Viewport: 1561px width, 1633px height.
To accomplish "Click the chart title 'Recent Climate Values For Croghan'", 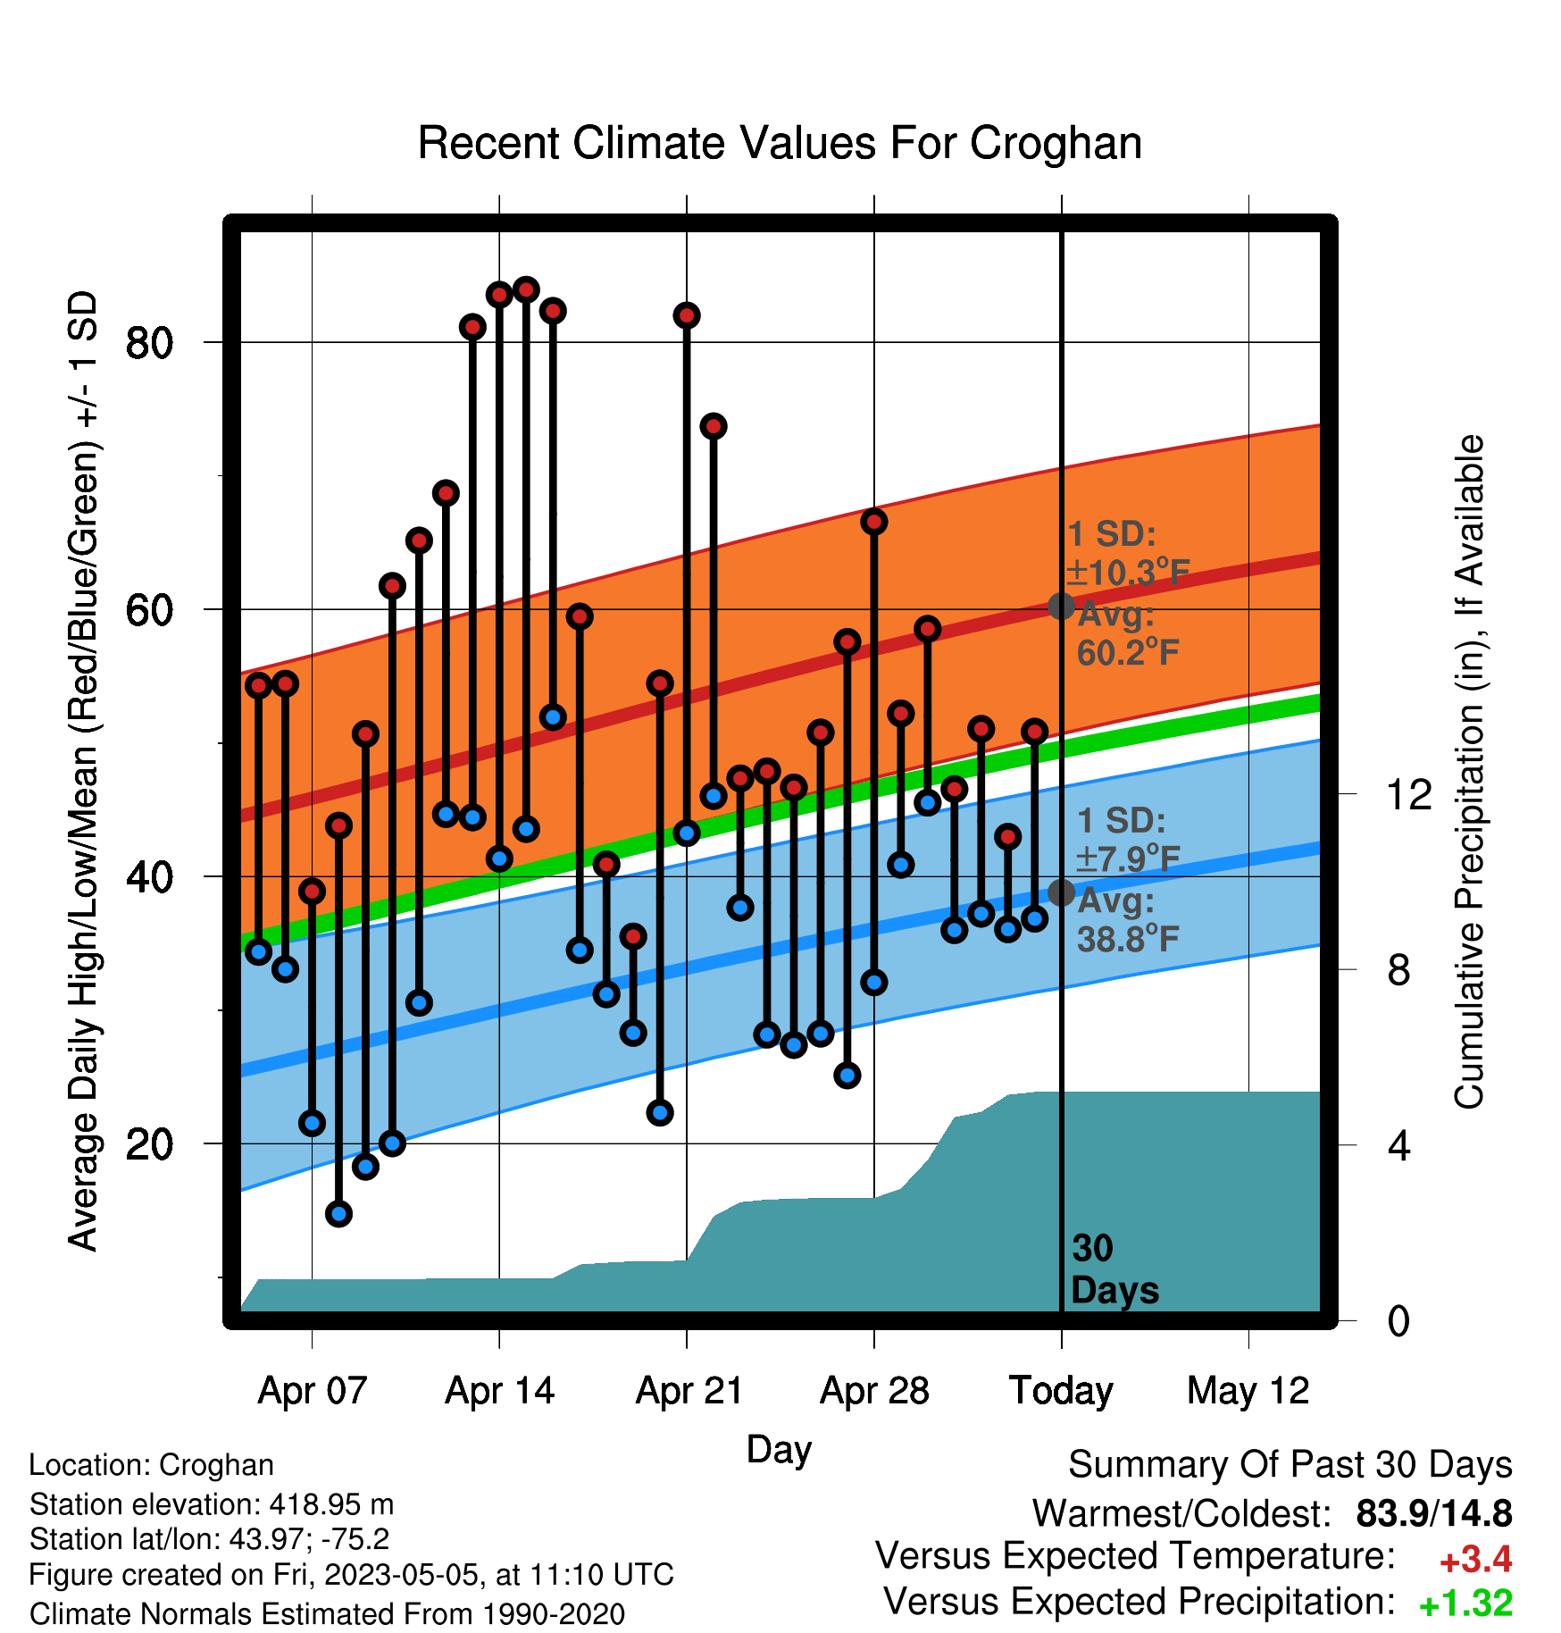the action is (780, 144).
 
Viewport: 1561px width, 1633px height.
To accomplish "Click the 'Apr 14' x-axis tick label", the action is (500, 1391).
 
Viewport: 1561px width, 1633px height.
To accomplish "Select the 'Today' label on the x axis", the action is (1061, 1391).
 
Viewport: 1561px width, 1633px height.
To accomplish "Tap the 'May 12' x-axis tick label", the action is (1248, 1391).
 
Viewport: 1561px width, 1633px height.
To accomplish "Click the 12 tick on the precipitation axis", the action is (1408, 793).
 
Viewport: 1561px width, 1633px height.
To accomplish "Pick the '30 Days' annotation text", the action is (1114, 1269).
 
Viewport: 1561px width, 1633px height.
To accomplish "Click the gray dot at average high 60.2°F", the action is (1061, 606).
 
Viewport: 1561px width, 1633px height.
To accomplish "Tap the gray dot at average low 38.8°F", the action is (1061, 892).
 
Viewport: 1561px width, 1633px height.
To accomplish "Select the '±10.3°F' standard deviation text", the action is (1128, 572).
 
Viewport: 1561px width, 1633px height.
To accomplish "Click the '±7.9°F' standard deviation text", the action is (1128, 858).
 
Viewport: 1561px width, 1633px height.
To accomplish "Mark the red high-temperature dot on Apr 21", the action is (687, 315).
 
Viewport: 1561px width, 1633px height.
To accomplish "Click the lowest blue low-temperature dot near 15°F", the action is (338, 1213).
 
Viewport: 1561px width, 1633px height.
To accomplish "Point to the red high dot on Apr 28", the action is (874, 521).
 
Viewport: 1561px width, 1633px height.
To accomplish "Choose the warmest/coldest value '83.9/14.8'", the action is (1434, 1513).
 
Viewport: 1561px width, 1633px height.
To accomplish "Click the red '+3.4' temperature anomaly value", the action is (1476, 1560).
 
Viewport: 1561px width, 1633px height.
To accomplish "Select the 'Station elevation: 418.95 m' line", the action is (212, 1504).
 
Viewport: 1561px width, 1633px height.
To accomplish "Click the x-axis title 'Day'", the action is (779, 1450).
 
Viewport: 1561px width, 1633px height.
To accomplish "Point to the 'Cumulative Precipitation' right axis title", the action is (1469, 772).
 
